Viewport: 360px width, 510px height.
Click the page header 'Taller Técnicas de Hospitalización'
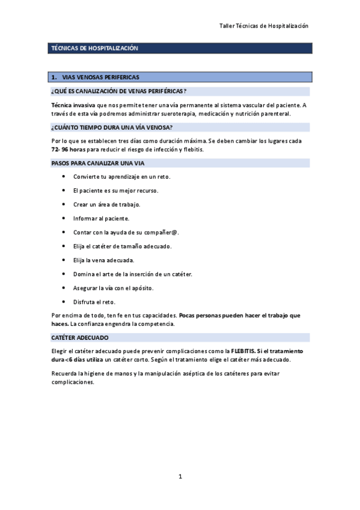click(264, 26)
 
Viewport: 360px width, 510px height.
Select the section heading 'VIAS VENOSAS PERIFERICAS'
click(100, 78)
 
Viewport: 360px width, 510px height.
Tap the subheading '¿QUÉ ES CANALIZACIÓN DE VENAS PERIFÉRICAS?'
click(118, 91)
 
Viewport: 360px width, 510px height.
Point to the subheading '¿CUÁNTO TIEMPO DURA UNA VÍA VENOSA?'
click(112, 127)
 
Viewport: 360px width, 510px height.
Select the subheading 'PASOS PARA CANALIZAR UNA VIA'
click(97, 163)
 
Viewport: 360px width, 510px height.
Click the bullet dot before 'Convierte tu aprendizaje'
click(64, 177)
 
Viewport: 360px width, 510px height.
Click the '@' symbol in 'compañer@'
click(175, 232)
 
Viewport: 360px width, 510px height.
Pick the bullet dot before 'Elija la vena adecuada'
click(64, 260)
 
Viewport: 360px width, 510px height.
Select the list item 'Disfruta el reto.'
click(94, 301)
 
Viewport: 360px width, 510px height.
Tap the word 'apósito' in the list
click(142, 288)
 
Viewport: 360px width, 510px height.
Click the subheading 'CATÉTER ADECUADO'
click(79, 337)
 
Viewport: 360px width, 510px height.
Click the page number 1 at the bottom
click(180, 477)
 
